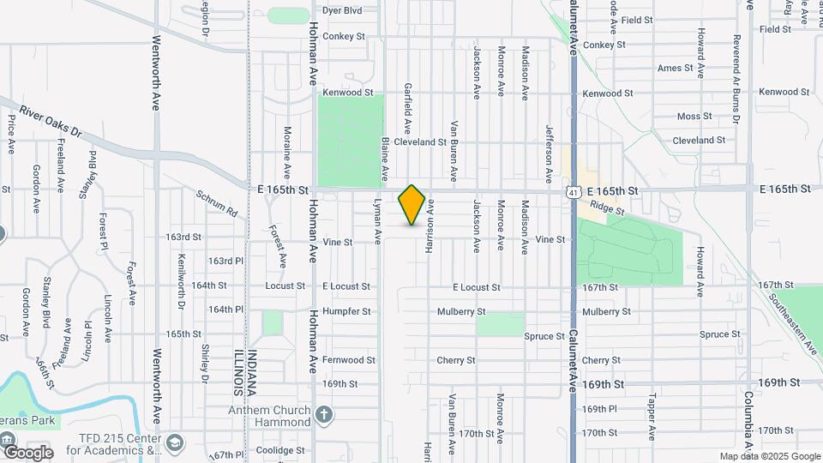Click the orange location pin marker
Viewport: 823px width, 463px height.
pos(412,204)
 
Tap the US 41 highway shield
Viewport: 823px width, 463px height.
pos(572,192)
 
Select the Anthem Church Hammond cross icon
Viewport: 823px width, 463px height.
pos(323,416)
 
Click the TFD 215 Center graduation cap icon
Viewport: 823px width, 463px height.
pos(176,443)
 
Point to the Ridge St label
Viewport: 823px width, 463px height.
pos(605,207)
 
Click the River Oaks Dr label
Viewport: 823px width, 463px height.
pos(50,123)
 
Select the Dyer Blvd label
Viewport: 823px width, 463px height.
pos(342,10)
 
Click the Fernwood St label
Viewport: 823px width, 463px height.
pos(349,360)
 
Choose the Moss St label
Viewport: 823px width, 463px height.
pos(694,116)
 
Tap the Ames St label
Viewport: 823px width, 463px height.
pos(675,68)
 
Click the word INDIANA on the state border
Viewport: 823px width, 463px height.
pos(252,373)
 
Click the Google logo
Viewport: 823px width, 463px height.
pos(27,452)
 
